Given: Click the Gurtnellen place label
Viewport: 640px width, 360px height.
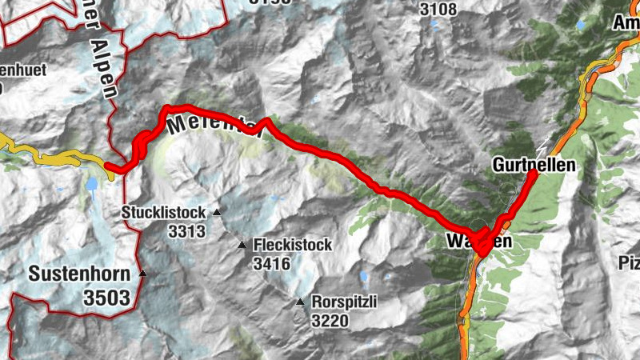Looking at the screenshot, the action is point(535,165).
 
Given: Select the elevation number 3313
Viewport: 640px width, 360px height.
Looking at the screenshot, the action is point(187,232).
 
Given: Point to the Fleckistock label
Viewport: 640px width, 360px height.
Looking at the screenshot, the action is point(292,246).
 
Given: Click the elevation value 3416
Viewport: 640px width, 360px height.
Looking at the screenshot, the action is point(273,262).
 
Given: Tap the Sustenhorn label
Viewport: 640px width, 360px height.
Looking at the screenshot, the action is point(79,274).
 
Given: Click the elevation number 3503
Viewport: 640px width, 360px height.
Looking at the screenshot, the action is point(106,298).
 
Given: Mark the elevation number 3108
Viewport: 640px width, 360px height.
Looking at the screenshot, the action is point(437,10).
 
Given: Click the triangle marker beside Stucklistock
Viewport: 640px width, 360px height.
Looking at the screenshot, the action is point(216,213).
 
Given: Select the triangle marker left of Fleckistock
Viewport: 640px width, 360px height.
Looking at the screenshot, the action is point(242,245).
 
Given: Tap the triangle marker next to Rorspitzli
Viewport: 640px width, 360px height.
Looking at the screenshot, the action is point(300,302).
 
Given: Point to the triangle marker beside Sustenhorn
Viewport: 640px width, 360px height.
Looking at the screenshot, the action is point(143,274).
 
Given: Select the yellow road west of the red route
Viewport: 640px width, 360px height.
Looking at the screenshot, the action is point(48,156).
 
